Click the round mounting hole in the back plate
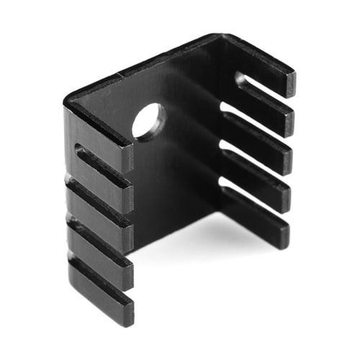click(x=149, y=122)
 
